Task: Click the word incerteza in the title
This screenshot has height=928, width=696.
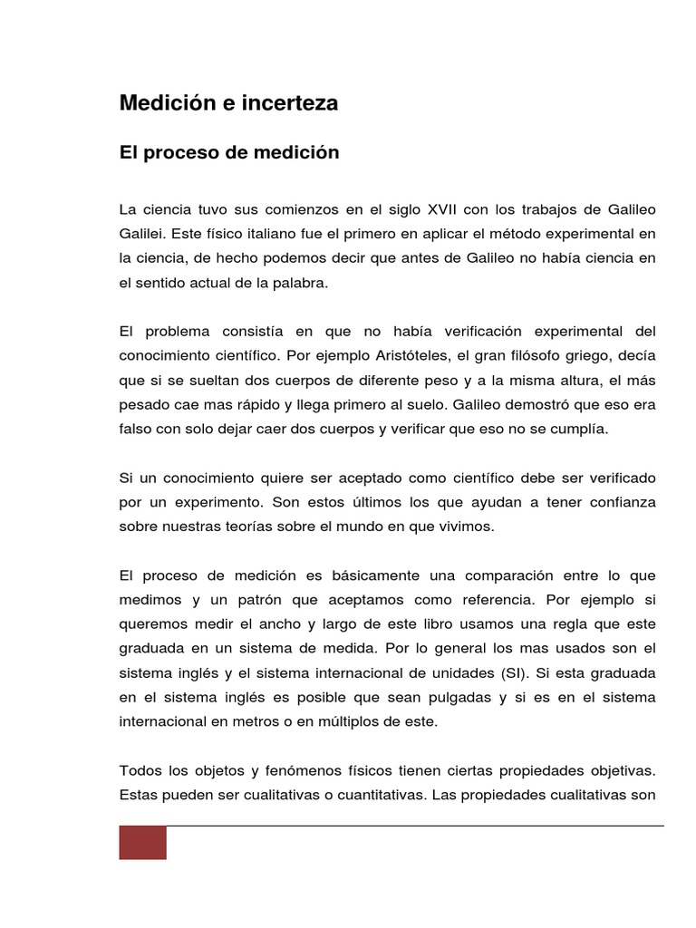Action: click(290, 103)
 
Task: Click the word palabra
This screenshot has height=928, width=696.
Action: click(296, 283)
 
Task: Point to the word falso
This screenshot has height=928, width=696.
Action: click(136, 430)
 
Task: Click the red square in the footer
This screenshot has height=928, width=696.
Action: click(143, 843)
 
